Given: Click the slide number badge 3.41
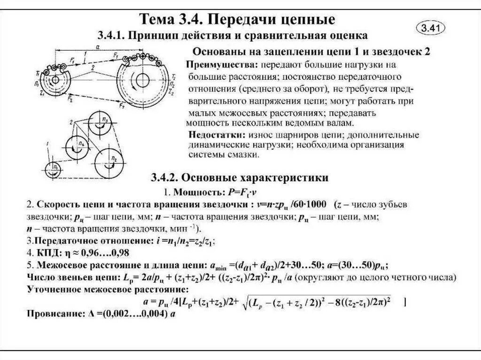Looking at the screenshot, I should [430, 28].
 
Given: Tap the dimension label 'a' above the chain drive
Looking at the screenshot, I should [96, 47].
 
